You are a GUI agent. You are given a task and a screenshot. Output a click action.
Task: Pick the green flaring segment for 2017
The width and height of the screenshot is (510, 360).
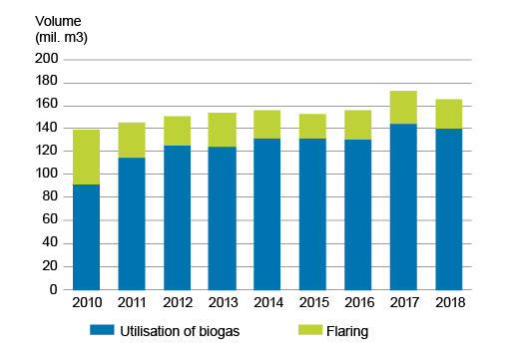point(403,108)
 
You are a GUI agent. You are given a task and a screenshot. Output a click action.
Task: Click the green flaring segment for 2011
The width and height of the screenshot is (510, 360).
point(131,141)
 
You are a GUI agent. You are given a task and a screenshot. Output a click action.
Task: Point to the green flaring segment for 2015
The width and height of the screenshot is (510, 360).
point(312,127)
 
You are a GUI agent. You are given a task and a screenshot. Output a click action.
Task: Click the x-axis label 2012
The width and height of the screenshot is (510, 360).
point(177,302)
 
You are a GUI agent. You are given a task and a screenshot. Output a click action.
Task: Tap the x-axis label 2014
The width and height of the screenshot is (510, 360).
point(267,302)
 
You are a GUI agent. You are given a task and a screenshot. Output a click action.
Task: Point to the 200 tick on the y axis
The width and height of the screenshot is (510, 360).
point(48,60)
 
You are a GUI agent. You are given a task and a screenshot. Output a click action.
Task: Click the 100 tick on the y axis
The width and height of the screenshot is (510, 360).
point(48,175)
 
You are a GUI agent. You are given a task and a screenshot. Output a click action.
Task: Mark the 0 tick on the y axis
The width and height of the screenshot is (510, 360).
point(55,290)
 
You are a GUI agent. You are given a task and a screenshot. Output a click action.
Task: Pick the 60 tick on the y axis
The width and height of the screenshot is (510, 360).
point(51,220)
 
